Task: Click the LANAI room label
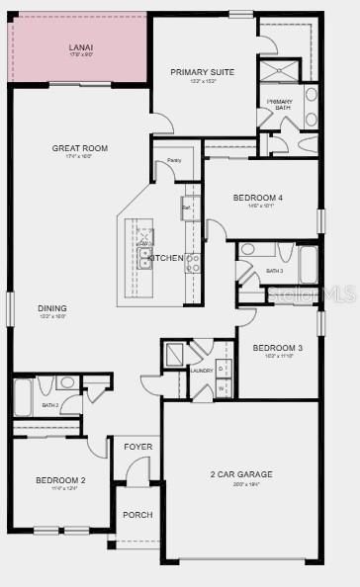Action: [x=80, y=46]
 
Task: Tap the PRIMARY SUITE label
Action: [x=202, y=72]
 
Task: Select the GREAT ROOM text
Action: [x=80, y=148]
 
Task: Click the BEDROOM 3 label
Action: [x=277, y=348]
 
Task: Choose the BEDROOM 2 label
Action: [x=60, y=480]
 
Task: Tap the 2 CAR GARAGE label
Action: [x=240, y=474]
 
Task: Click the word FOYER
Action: [x=137, y=447]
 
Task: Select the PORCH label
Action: [x=137, y=515]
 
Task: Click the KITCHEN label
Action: [x=166, y=258]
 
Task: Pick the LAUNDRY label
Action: [x=202, y=371]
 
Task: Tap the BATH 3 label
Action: [x=274, y=271]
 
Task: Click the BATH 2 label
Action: [x=50, y=405]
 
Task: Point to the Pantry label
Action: [x=173, y=159]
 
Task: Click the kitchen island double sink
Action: [x=145, y=259]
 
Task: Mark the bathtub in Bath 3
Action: [x=308, y=264]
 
